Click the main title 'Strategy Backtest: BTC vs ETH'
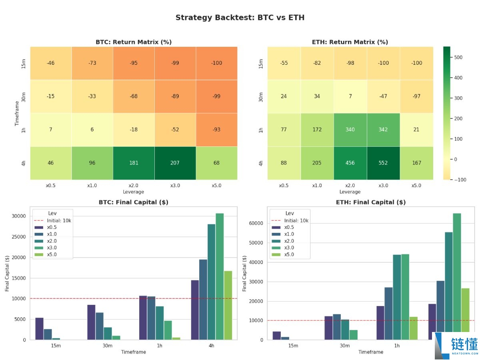(240, 18)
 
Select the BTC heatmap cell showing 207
(175, 163)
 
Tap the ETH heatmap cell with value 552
(383, 163)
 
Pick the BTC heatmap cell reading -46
(51, 63)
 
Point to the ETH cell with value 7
(350, 96)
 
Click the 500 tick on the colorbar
(458, 58)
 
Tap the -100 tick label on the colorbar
(460, 180)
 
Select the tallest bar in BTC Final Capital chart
(220, 276)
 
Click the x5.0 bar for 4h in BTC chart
(228, 305)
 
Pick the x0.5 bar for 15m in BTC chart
(39, 329)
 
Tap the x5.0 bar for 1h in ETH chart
(413, 328)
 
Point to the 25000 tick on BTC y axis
(19, 237)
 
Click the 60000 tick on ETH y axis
(256, 223)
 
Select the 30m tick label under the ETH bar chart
(345, 346)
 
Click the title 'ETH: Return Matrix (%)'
(350, 42)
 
